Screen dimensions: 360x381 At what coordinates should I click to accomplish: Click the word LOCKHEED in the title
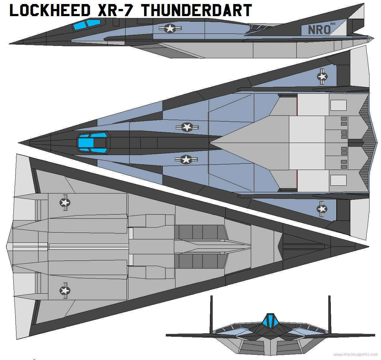tap(50, 10)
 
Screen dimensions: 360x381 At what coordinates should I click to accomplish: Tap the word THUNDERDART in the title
tap(196, 10)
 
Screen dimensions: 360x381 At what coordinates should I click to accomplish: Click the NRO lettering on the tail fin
tap(319, 30)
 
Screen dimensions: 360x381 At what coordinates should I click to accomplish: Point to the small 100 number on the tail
tap(333, 24)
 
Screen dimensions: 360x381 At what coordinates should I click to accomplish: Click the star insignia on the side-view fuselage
tap(170, 29)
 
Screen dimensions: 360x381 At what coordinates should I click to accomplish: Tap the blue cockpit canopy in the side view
tap(87, 24)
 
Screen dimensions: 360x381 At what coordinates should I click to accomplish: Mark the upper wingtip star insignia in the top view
tap(322, 76)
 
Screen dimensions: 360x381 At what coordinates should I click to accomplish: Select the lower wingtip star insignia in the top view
tap(322, 209)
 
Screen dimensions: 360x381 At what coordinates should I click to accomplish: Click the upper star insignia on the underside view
tap(65, 203)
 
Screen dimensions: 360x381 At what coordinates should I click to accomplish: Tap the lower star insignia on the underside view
tap(65, 291)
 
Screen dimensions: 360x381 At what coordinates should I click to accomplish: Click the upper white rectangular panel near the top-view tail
tap(338, 105)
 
